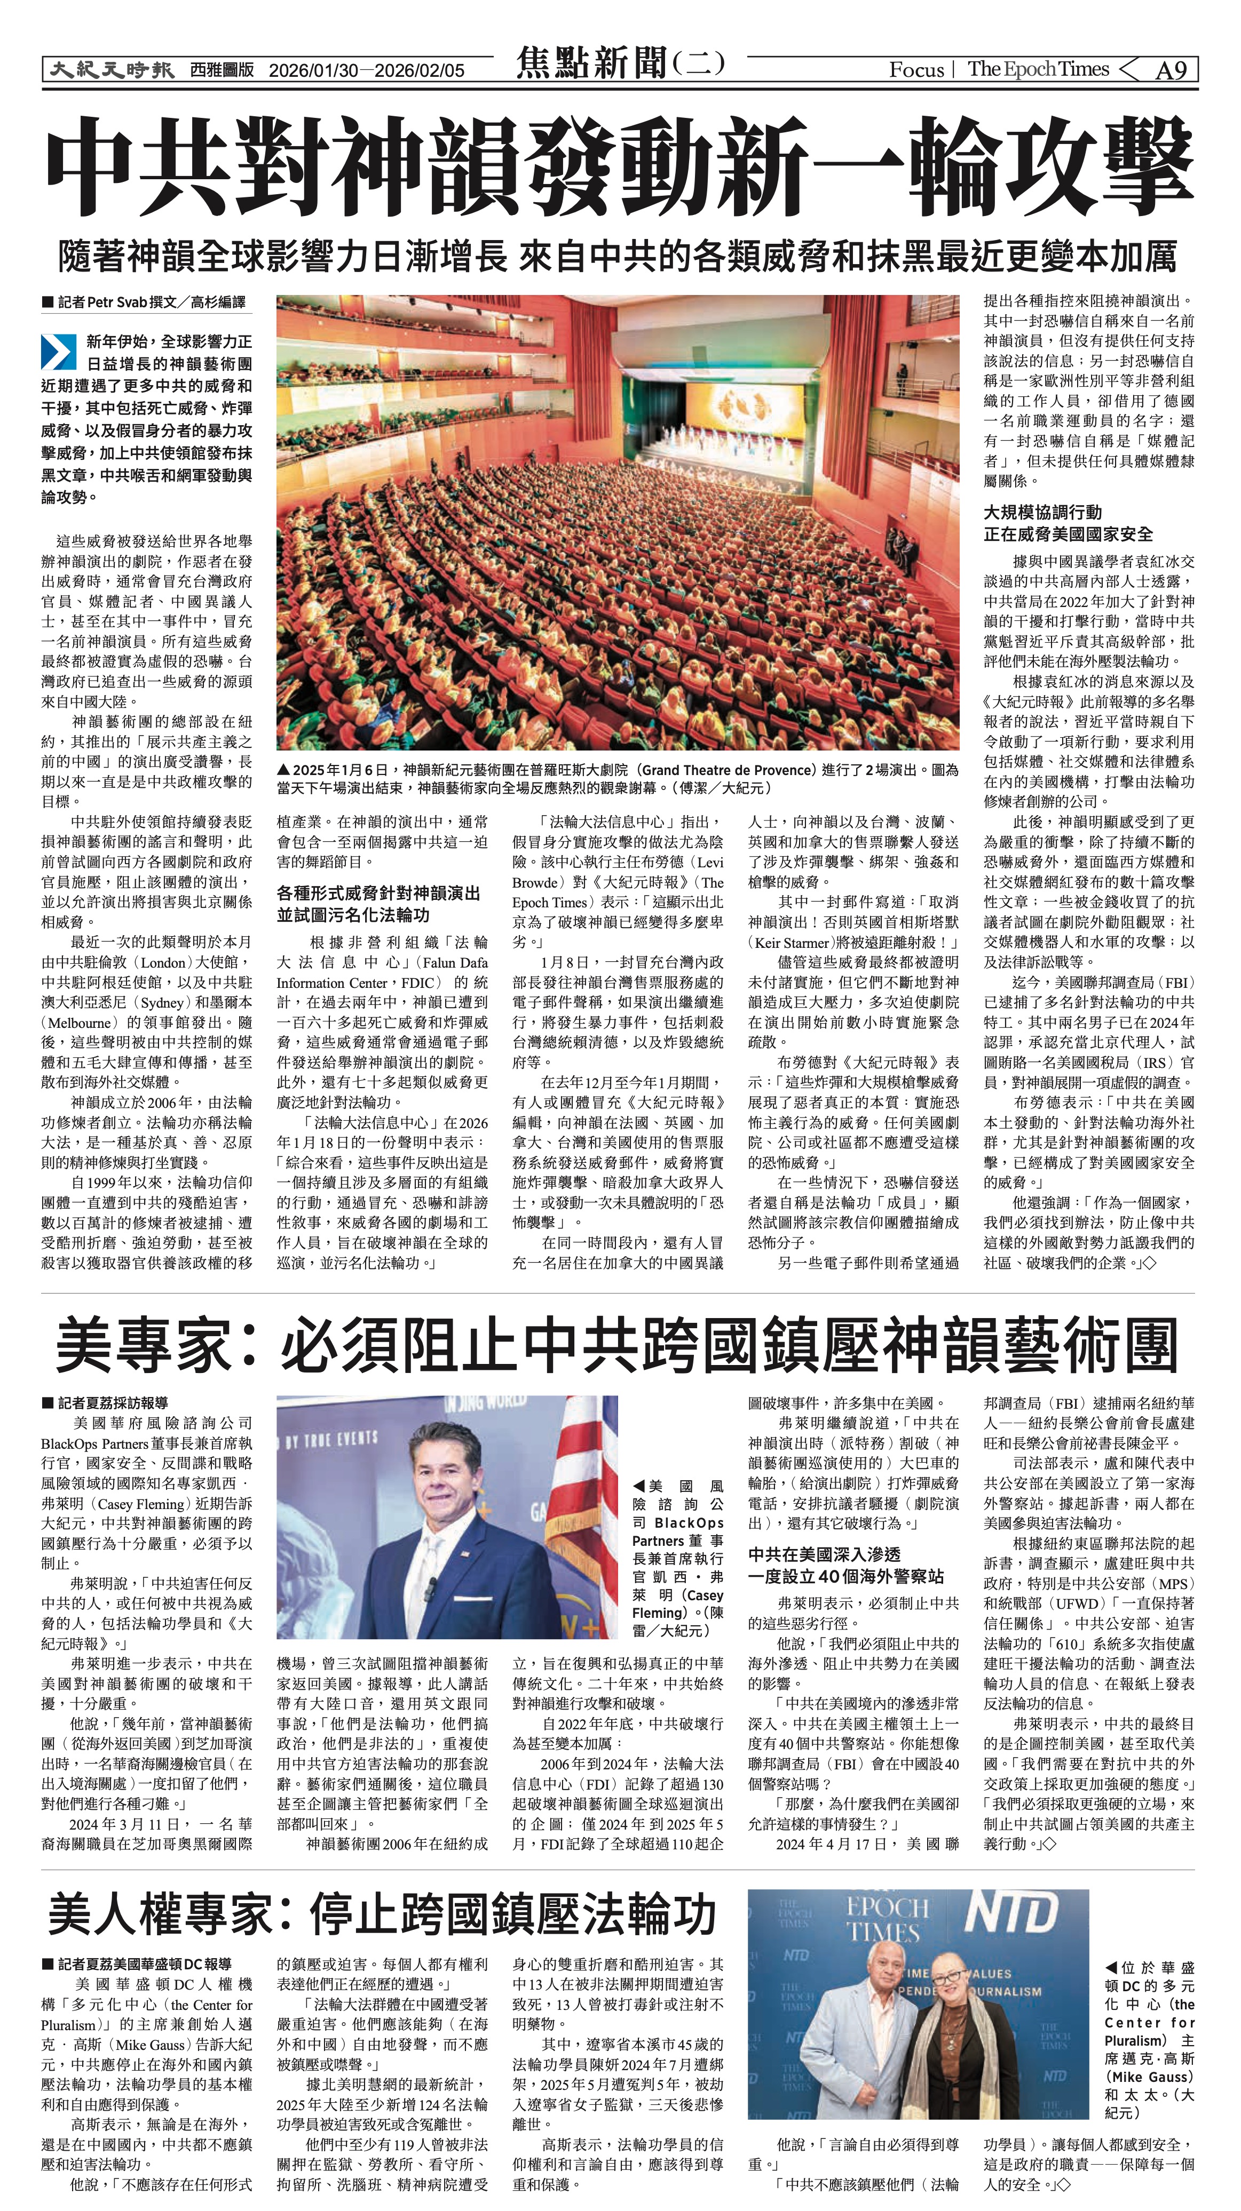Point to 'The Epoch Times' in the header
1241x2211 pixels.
click(x=1038, y=69)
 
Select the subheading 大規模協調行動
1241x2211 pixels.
click(x=1042, y=513)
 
